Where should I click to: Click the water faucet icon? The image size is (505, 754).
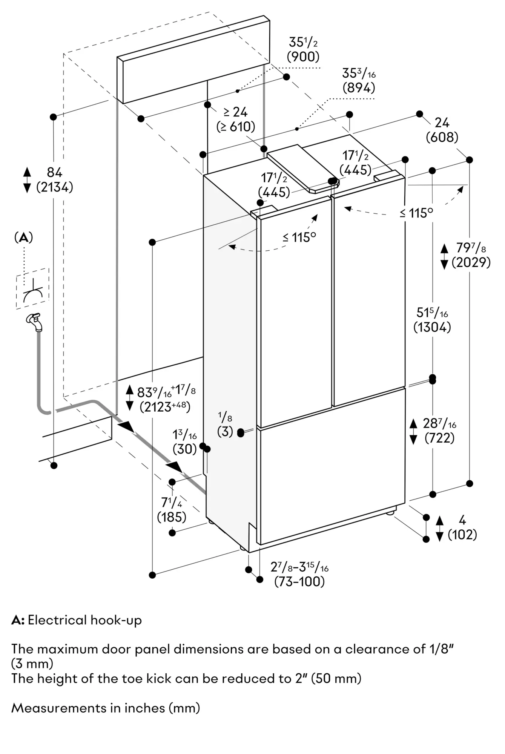[35, 322]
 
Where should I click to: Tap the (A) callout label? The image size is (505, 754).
[23, 237]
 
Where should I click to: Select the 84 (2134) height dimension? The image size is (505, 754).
[54, 179]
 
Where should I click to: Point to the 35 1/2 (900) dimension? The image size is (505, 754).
[303, 49]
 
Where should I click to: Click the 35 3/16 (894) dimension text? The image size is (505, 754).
[359, 80]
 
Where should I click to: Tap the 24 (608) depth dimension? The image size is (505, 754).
[442, 130]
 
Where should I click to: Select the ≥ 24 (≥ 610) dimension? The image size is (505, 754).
[236, 119]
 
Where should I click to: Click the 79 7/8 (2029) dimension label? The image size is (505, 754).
[471, 255]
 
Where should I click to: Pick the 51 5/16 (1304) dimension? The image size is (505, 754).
[432, 320]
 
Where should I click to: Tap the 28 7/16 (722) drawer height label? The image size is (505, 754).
[439, 431]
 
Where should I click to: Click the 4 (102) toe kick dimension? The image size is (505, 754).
[462, 527]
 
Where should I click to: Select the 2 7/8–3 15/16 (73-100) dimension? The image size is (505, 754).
[299, 574]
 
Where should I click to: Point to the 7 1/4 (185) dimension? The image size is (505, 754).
[172, 510]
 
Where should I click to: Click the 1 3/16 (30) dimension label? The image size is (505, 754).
[185, 442]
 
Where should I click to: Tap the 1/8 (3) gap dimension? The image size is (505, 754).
[225, 425]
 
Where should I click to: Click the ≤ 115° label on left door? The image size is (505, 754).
[299, 237]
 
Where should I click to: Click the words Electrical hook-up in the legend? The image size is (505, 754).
[85, 620]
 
